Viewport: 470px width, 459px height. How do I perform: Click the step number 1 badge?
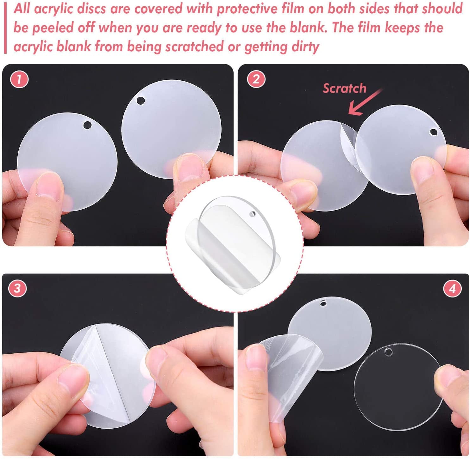click(19, 79)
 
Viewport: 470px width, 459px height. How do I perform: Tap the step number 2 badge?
click(256, 79)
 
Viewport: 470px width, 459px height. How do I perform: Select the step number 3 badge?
click(17, 288)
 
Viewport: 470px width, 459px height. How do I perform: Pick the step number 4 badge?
click(452, 288)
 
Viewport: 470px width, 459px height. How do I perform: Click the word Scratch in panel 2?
click(344, 88)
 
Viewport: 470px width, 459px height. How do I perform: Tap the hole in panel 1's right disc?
click(141, 101)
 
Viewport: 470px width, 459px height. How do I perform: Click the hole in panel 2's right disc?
click(433, 132)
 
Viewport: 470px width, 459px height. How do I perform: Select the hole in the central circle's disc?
click(252, 214)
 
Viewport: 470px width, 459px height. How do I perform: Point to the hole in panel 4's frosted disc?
click(323, 303)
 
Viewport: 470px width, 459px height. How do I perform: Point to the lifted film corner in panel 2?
click(350, 142)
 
